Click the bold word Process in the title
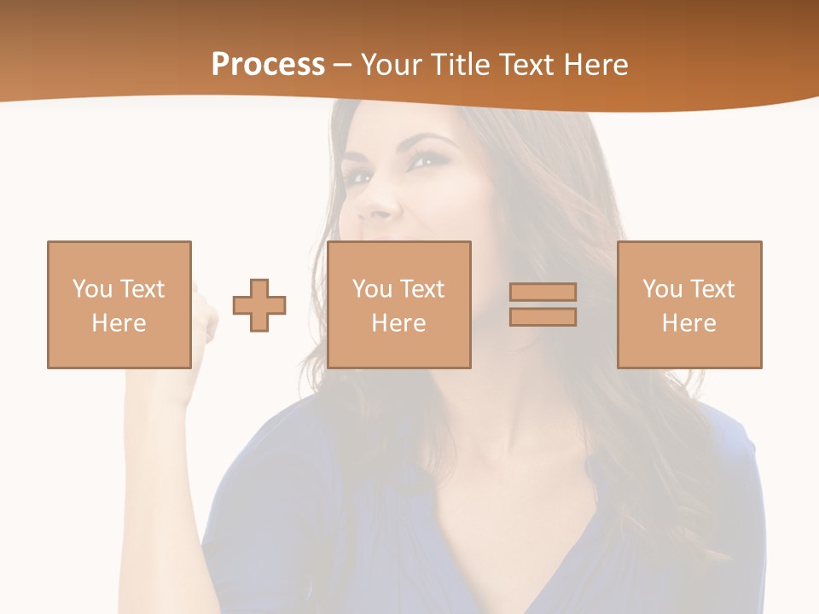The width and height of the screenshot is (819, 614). click(x=268, y=65)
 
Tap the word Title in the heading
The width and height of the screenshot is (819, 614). click(x=462, y=65)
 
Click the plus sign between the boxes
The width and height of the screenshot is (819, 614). click(x=259, y=305)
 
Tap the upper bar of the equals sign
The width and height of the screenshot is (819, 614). click(x=543, y=292)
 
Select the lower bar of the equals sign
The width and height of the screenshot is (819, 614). click(x=543, y=317)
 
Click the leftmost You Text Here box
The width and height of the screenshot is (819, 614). click(x=119, y=304)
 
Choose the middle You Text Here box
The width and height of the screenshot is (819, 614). click(x=398, y=304)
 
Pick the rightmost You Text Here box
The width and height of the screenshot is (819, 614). click(x=689, y=304)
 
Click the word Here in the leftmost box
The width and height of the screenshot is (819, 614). click(x=119, y=323)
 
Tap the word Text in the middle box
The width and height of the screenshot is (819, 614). click(x=421, y=289)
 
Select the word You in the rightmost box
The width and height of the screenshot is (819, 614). click(x=662, y=289)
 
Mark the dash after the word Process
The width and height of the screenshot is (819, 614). click(x=342, y=65)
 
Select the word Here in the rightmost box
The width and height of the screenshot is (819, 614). click(x=688, y=323)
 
